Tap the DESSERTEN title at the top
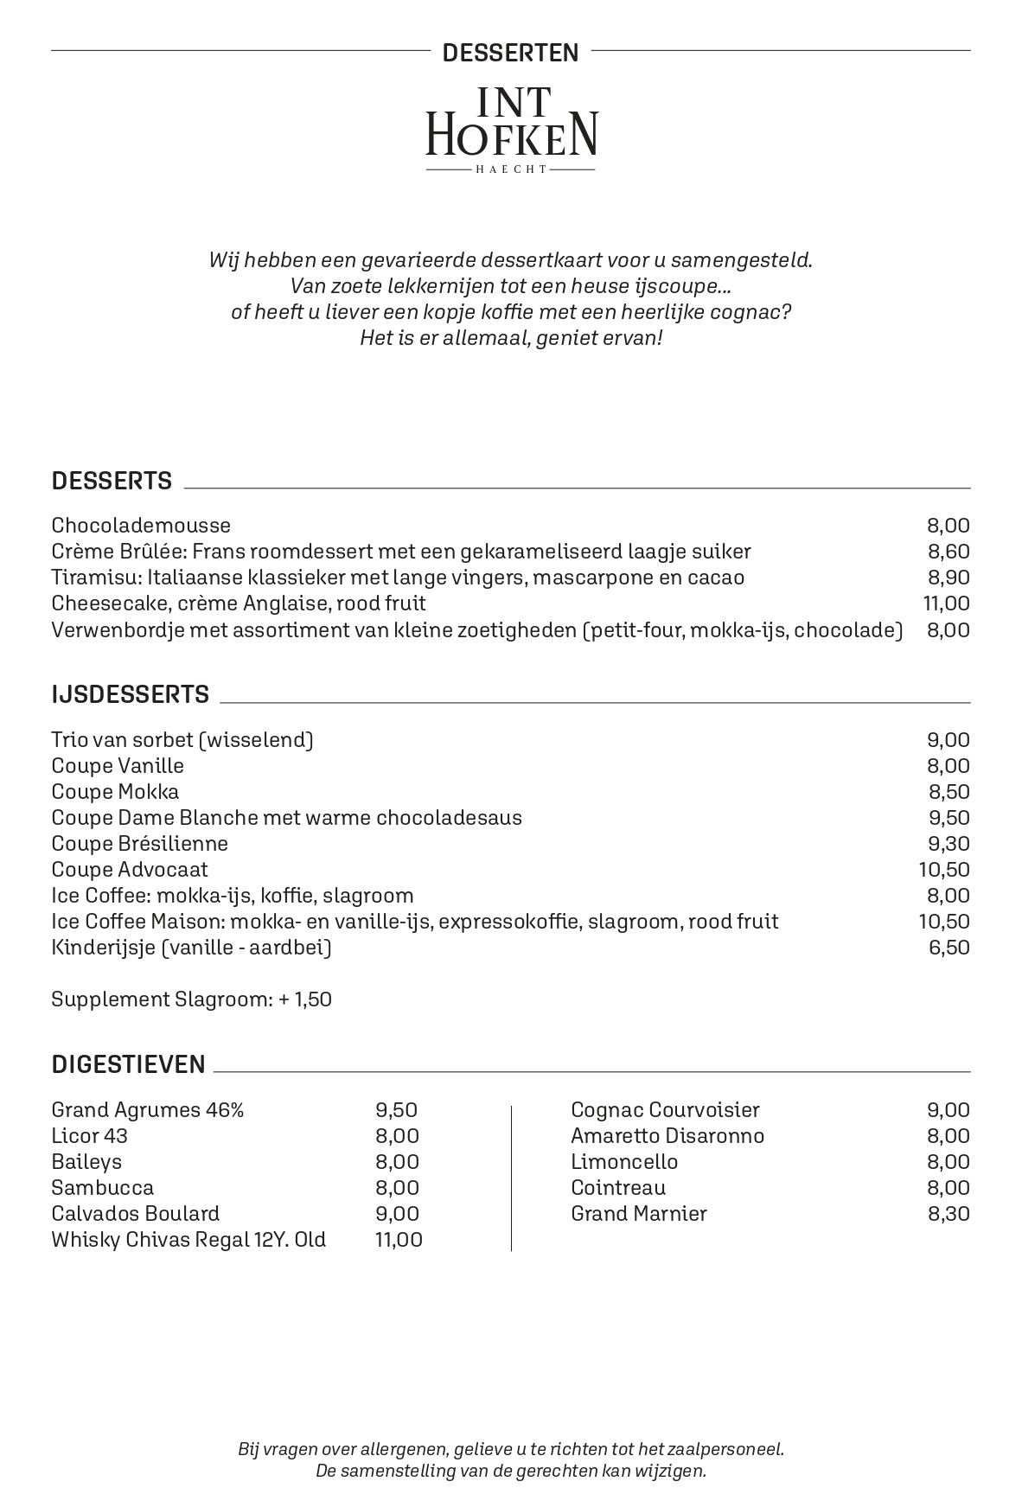(510, 54)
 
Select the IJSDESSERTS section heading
(131, 694)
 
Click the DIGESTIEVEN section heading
(129, 1064)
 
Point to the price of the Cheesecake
(947, 603)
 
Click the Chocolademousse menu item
(141, 526)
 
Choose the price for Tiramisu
(949, 578)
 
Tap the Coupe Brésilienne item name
(140, 844)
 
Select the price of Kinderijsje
(949, 948)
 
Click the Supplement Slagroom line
(191, 1000)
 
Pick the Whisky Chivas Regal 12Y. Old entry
(188, 1240)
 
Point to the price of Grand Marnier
(949, 1214)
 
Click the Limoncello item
(624, 1162)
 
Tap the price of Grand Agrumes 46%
(396, 1110)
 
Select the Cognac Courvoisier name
(665, 1110)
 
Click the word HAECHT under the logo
(511, 169)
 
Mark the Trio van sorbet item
(182, 740)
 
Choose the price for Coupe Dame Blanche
(949, 818)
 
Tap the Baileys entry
(86, 1162)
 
